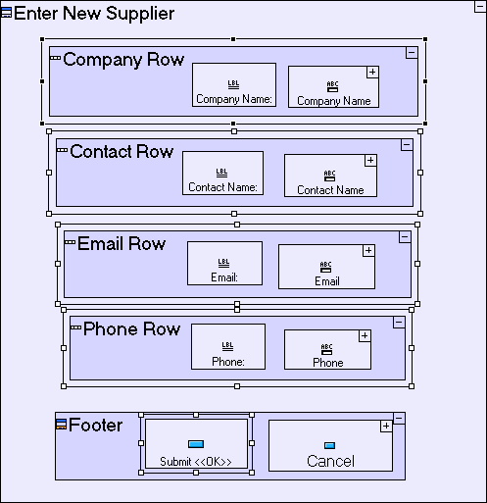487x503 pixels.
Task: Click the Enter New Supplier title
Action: [94, 14]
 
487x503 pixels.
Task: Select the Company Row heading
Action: [123, 60]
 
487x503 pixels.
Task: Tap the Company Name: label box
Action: [234, 85]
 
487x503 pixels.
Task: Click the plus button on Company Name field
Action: [372, 73]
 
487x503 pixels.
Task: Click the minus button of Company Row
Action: [412, 53]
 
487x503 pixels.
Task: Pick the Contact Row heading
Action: [122, 152]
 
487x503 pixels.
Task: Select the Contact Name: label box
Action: [222, 174]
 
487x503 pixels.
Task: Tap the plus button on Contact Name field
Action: [370, 161]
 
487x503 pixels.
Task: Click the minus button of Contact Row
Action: [407, 145]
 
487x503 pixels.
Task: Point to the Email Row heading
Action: [122, 244]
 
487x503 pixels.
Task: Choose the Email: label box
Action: [224, 264]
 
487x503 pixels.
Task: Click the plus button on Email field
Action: [368, 251]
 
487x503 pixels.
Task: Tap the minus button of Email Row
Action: [405, 237]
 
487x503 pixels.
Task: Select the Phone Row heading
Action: [131, 328]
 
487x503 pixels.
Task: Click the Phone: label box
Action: [228, 347]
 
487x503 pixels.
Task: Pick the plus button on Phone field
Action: [365, 335]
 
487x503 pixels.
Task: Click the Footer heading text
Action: [96, 425]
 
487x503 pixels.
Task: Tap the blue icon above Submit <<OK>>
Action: [196, 444]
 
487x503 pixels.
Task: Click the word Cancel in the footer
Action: [330, 461]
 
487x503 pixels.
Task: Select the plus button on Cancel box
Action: [386, 427]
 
